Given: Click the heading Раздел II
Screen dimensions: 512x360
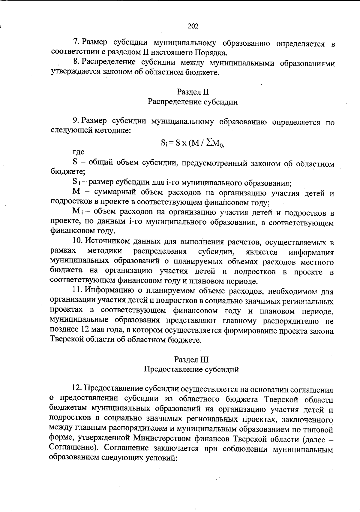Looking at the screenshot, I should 193,92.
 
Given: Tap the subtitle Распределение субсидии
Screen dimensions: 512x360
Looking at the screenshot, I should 193,102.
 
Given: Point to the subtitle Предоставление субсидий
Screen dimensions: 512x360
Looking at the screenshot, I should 191,369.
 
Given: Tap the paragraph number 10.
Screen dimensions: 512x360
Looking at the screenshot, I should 77,241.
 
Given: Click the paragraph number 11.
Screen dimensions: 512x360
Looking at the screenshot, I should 77,291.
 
